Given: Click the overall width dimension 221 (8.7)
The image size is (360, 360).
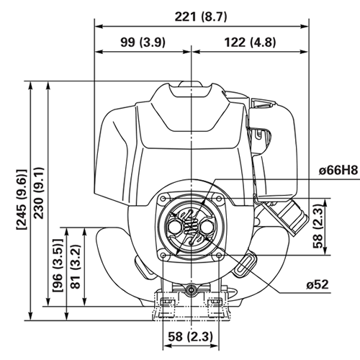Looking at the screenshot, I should point(191,16).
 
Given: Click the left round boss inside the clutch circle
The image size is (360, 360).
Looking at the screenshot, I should point(174,225).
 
